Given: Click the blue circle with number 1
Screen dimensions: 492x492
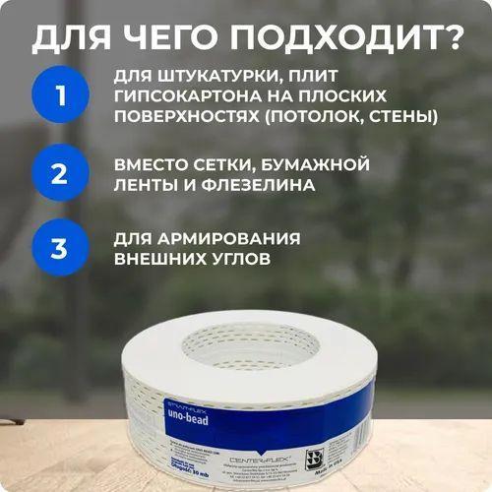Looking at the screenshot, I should click(59, 97).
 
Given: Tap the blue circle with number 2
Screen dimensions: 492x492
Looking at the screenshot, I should click(59, 175).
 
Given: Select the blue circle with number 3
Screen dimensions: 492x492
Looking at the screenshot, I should click(59, 249).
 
